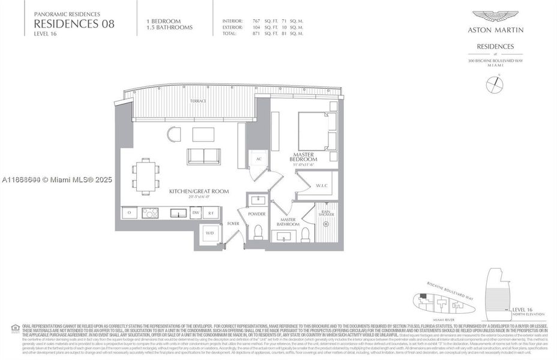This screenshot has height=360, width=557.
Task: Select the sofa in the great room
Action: (204, 155)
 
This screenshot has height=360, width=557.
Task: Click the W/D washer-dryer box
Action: (209, 233)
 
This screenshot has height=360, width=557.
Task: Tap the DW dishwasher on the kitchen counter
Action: (195, 212)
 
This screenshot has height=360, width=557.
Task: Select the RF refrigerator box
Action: (211, 212)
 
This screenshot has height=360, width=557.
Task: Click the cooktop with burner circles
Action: (149, 212)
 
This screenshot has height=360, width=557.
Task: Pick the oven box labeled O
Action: (130, 212)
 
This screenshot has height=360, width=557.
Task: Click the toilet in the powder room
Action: (259, 232)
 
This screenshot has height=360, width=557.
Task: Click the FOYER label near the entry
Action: (233, 224)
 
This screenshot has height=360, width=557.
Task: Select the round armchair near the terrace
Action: (173, 133)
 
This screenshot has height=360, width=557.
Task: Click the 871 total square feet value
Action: (256, 33)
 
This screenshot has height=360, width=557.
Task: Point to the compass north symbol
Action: (493, 85)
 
